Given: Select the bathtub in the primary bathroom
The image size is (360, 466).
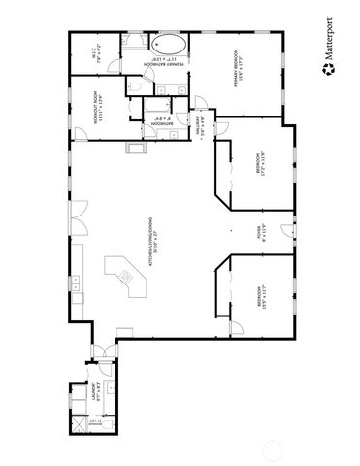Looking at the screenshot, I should click(171, 45).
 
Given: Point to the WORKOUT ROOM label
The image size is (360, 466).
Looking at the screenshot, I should click(99, 112).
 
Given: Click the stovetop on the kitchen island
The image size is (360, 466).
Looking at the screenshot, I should click(125, 279).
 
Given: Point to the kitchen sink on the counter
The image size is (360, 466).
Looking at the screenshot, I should click(75, 283).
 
